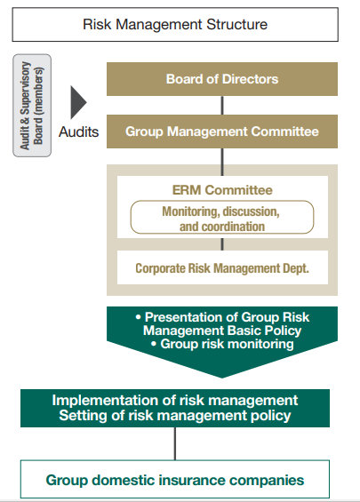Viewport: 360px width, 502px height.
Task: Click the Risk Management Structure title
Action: tap(175, 25)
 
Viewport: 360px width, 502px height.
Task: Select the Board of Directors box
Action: tap(222, 79)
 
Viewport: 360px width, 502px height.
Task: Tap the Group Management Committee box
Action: tap(222, 131)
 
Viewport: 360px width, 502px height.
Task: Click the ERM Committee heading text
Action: tap(222, 190)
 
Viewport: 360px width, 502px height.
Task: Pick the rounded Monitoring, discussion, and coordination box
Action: tap(222, 217)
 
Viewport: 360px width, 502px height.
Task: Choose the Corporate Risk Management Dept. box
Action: tap(222, 267)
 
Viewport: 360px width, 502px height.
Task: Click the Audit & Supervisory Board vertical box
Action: tap(32, 106)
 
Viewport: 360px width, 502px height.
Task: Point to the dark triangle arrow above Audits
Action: tap(78, 102)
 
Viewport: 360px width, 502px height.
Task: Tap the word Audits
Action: tap(78, 131)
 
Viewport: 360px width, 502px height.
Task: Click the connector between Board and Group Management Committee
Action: tap(222, 106)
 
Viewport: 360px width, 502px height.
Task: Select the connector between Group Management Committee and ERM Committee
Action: tap(222, 162)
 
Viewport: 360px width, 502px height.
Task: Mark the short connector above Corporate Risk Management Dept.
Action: tap(222, 244)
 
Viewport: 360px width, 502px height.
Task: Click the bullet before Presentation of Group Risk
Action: tap(139, 317)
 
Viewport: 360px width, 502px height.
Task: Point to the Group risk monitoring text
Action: tap(227, 344)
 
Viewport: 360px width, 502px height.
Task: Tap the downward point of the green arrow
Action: tap(222, 378)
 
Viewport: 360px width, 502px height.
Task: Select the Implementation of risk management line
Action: tap(175, 400)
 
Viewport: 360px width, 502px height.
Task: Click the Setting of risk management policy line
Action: tap(175, 415)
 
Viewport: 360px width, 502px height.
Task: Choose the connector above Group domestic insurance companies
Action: tap(175, 443)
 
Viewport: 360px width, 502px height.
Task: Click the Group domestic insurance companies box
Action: tap(175, 479)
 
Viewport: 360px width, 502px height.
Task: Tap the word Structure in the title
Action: tap(237, 25)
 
